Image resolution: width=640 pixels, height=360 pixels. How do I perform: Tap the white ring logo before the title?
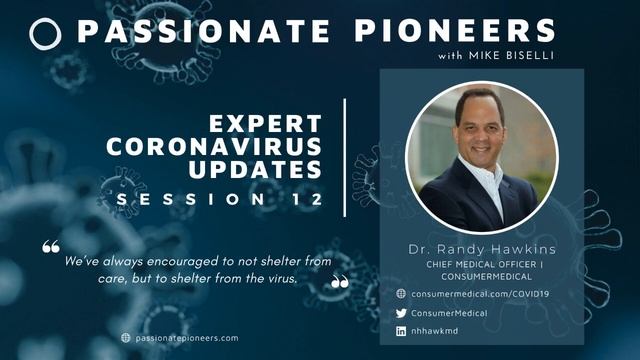pos(46,33)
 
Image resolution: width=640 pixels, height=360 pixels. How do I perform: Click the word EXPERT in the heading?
pos(266,125)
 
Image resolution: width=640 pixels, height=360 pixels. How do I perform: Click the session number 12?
pos(308,199)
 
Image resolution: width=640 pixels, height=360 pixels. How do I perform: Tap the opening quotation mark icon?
pos(51,245)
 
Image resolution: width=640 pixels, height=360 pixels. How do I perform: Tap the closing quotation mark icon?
pos(340,282)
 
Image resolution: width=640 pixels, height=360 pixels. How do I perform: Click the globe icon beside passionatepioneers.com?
pos(126,338)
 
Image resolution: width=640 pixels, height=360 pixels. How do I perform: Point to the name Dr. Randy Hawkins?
pos(481,247)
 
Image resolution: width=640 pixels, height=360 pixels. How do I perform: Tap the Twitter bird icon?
pos(401,312)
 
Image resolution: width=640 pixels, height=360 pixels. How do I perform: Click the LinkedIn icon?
pos(401,330)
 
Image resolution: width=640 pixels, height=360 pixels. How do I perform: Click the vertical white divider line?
pos(345,157)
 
